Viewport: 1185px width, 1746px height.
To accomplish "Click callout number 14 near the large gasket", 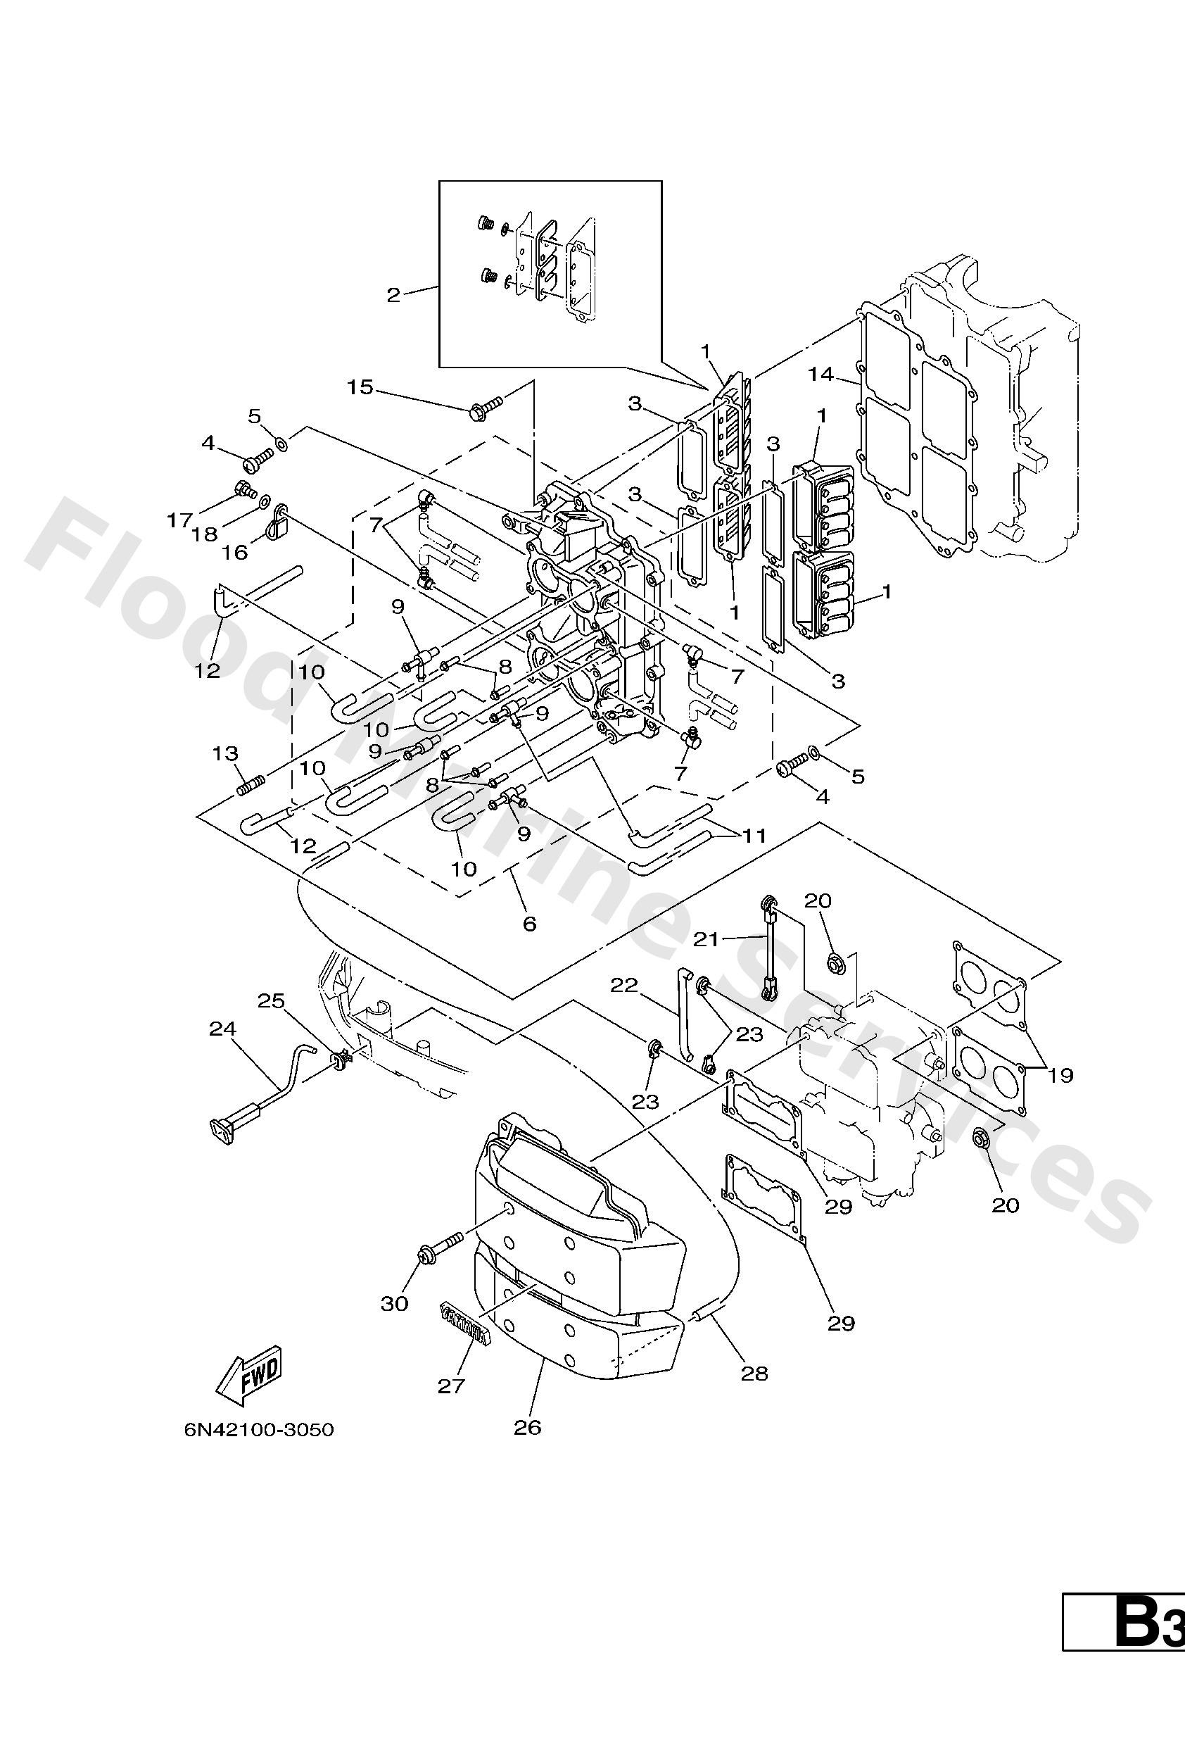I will [x=821, y=373].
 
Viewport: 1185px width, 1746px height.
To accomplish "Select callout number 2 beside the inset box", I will [x=393, y=295].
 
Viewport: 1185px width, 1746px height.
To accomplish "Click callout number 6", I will [x=529, y=923].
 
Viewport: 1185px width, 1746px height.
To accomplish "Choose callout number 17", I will [x=179, y=520].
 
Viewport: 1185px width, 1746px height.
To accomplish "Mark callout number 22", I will [x=623, y=985].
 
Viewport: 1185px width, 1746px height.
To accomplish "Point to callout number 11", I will [x=753, y=836].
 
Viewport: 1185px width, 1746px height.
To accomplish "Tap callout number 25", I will [x=271, y=1000].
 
